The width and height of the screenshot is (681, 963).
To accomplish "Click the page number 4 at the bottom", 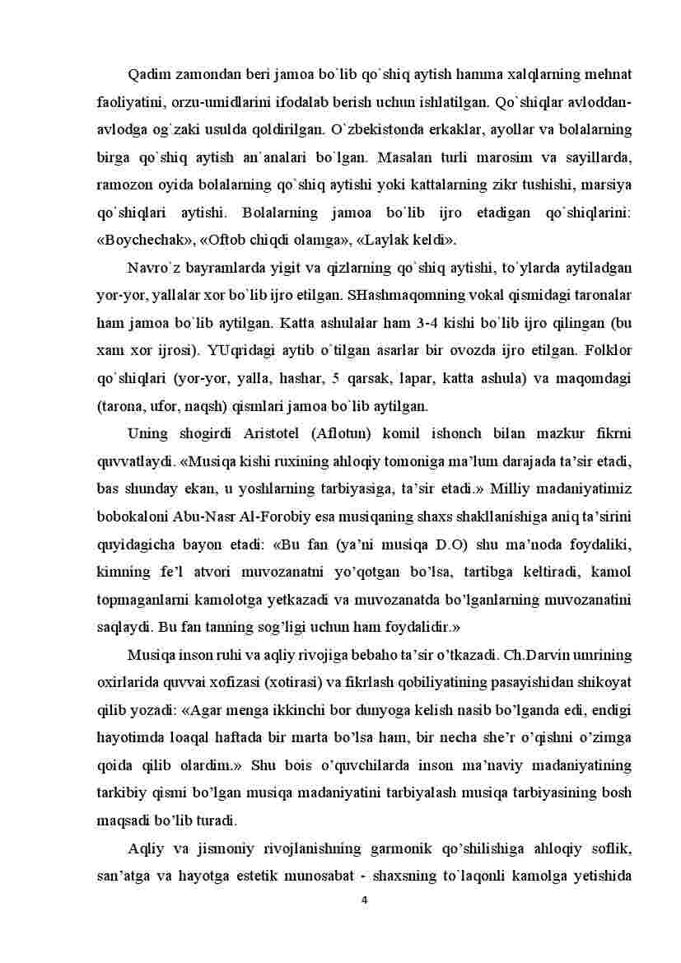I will tap(364, 899).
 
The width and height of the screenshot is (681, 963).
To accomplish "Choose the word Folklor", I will tap(608, 350).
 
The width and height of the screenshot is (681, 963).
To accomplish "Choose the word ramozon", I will tap(125, 185).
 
